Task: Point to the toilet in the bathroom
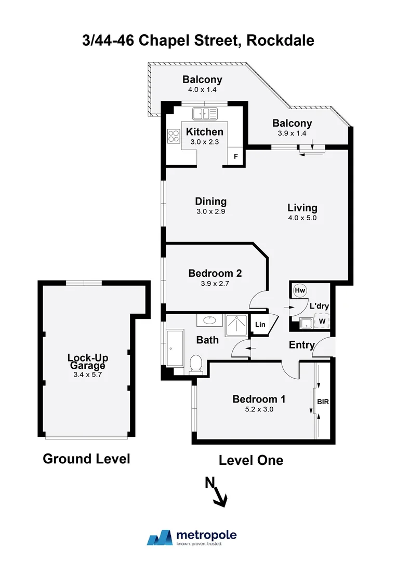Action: (x=196, y=363)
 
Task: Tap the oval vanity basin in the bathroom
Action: (x=210, y=320)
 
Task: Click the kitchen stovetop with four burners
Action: (x=173, y=136)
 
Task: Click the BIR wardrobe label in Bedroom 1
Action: (x=323, y=402)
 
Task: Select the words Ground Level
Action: (x=86, y=459)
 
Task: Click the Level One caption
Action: (x=251, y=460)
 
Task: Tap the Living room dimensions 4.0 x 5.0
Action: (x=302, y=218)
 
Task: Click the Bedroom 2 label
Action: (x=215, y=273)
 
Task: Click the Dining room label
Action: (x=210, y=202)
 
